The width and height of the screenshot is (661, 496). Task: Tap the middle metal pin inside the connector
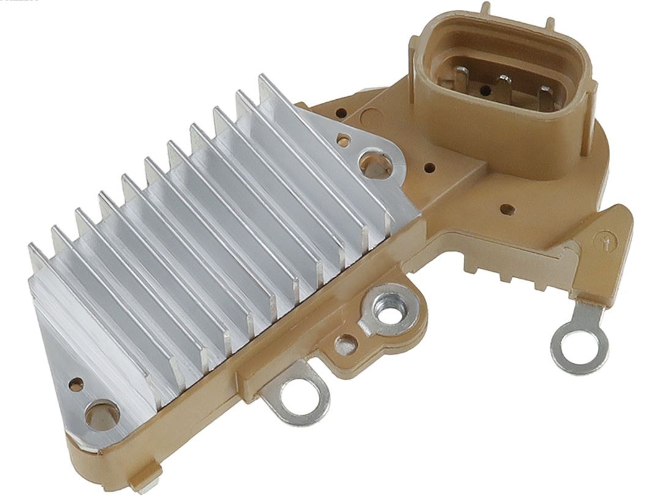tap(504, 86)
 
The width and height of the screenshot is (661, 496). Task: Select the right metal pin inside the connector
tap(544, 97)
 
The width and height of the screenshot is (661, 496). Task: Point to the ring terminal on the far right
tap(580, 345)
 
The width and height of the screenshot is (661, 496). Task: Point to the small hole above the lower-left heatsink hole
tap(76, 384)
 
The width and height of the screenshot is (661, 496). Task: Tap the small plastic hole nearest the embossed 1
tap(506, 209)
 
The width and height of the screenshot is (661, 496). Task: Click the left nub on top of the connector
tap(486, 9)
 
